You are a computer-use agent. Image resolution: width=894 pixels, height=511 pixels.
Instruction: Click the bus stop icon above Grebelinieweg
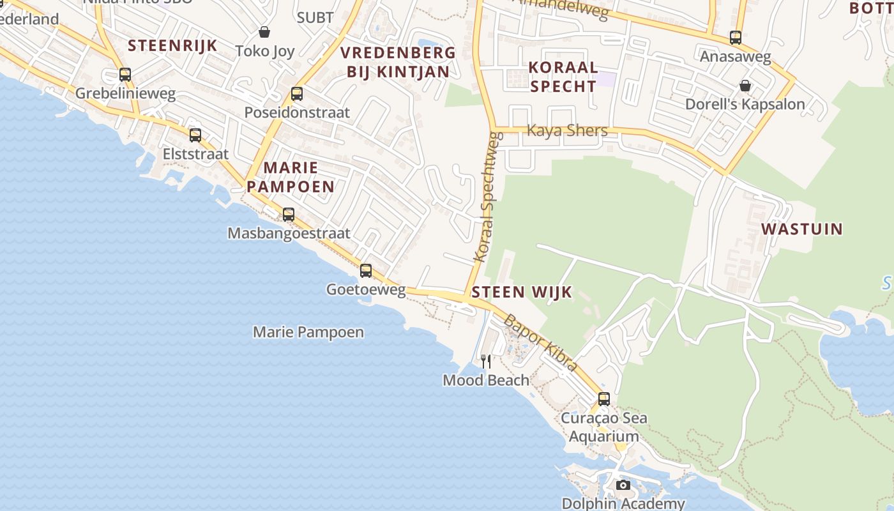coord(125,75)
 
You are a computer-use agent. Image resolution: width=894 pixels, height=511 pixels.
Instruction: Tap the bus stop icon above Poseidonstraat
coord(296,94)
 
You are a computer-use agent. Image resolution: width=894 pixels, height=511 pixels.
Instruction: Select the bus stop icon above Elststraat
coord(195,135)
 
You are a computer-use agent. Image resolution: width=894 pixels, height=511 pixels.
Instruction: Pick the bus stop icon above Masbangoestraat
coord(289,215)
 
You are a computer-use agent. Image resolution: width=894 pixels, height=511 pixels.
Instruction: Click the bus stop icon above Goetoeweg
coord(366,271)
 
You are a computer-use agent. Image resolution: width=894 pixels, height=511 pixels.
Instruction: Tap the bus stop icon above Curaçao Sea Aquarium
coord(603,399)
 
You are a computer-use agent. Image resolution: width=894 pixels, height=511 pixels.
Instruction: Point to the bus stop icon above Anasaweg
coord(736,38)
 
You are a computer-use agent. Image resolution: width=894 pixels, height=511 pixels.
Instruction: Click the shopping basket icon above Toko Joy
coord(264,32)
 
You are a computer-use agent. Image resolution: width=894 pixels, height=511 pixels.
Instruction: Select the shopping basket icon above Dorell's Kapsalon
coord(745,85)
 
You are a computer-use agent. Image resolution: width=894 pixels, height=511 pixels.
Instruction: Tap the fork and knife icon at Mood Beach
coord(486,362)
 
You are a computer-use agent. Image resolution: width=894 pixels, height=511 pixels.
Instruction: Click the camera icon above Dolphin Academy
coord(623,485)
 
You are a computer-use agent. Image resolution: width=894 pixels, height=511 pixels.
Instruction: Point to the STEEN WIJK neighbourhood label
coord(522,293)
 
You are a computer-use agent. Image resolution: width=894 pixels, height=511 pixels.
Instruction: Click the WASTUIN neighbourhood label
coord(801,229)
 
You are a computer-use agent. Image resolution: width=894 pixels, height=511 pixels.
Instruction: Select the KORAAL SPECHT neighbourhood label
coord(563,77)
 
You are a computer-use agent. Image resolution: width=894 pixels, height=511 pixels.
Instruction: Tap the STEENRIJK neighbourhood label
coord(172,45)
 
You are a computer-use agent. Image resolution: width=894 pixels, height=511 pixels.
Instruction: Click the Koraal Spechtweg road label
coord(487,198)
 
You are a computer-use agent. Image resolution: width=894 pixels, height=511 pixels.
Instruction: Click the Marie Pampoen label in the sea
coord(308,332)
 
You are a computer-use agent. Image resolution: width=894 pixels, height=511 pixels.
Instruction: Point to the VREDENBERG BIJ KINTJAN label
coord(398,62)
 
